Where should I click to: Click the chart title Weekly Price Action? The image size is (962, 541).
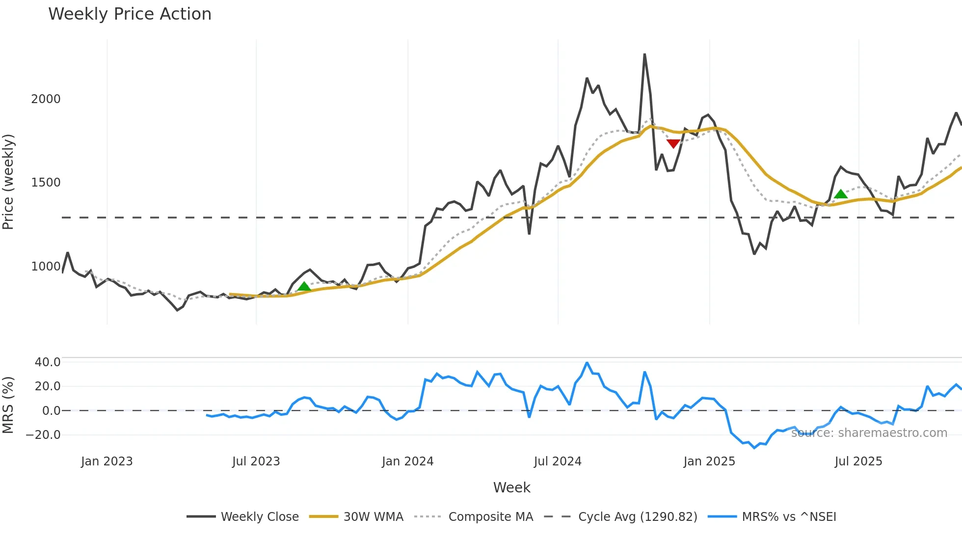coord(130,14)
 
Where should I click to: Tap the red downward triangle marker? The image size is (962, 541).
coord(673,143)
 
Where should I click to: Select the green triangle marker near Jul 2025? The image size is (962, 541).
coord(841,194)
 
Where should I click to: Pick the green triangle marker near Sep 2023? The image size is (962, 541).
coord(304,286)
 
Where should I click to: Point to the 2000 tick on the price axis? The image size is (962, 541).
coord(46,99)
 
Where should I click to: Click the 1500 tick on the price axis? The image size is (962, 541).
coord(46,183)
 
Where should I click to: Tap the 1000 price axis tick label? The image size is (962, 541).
coord(46,267)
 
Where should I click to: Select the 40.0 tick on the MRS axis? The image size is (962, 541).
coord(48,362)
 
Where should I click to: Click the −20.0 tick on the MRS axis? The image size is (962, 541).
coord(43,435)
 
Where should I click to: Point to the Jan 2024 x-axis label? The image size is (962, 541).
coord(407,461)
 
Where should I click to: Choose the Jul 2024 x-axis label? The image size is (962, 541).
coord(558,461)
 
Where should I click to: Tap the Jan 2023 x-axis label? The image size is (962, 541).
coord(107,461)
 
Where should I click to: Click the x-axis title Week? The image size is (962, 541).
coord(511,487)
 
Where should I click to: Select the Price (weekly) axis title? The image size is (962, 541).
coord(8,182)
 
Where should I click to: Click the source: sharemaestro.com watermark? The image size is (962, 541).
coord(869,433)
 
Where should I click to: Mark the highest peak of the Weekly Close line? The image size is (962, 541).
coord(644,54)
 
